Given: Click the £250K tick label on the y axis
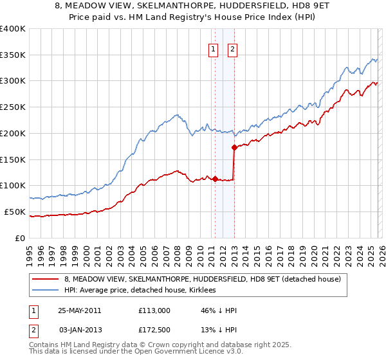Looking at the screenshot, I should click(x=13, y=107).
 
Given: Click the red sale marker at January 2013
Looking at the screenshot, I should click(x=234, y=148).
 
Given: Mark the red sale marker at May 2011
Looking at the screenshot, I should click(x=215, y=179).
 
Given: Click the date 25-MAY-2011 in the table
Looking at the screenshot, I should click(x=79, y=310).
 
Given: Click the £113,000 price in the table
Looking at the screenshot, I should click(x=154, y=310).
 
